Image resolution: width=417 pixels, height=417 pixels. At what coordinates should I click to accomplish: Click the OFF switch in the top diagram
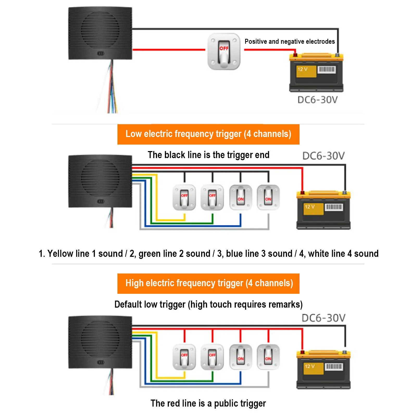(224, 52)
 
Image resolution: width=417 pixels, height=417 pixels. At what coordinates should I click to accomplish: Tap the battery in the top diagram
(316, 72)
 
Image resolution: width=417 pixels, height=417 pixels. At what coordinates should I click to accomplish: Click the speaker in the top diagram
(100, 33)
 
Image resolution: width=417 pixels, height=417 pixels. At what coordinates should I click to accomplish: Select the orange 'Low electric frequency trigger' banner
(208, 134)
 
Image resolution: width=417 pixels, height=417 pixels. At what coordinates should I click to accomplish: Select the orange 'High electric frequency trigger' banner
(208, 283)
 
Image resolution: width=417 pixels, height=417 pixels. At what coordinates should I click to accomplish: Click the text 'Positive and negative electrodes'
(290, 41)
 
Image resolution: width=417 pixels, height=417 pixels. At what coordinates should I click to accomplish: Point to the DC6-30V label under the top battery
(318, 100)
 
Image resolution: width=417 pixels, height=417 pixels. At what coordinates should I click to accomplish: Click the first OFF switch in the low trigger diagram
(184, 197)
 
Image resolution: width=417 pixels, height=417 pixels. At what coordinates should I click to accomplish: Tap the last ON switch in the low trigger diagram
(268, 197)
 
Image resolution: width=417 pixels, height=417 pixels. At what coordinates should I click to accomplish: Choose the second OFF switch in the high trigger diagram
(212, 357)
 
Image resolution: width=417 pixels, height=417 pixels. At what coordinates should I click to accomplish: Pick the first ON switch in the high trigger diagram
(241, 357)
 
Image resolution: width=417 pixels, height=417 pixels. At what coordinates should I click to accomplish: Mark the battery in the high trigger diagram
(323, 370)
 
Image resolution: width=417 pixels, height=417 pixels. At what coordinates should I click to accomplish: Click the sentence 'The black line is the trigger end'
(208, 155)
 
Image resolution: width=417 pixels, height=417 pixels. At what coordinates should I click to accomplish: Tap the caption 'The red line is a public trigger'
(208, 403)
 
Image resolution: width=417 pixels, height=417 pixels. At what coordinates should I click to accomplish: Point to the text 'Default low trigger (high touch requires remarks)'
(208, 304)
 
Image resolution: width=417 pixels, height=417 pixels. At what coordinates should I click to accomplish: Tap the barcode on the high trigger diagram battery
(334, 367)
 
